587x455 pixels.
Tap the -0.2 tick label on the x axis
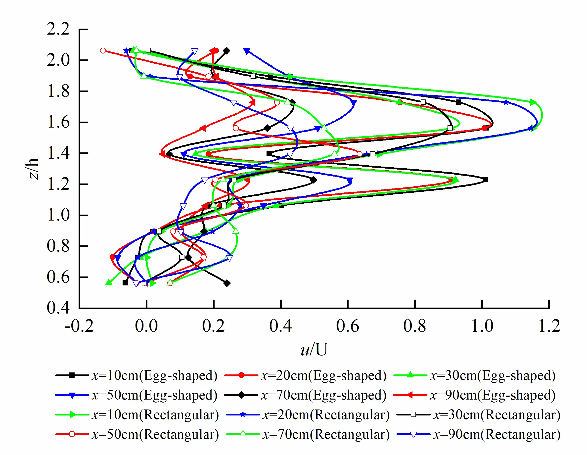point(79,326)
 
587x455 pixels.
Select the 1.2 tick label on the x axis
point(549,326)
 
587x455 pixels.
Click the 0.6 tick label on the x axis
point(348,326)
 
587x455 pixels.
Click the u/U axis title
point(314,349)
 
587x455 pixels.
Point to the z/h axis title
point(34,169)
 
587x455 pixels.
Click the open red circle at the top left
point(103,50)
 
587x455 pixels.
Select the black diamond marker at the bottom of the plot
point(227,283)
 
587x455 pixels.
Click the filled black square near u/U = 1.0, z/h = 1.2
point(485,180)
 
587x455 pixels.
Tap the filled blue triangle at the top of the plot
point(246,50)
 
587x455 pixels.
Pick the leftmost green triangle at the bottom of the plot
point(109,282)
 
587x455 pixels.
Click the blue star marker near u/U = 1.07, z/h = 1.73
point(506,102)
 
